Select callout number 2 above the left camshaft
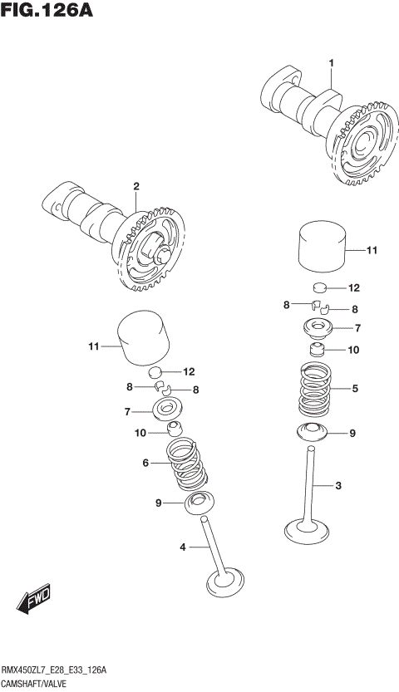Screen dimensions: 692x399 coord(135,186)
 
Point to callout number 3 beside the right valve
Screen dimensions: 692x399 coord(338,485)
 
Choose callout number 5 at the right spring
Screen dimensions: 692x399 coord(355,387)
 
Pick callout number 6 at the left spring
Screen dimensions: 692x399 coord(145,463)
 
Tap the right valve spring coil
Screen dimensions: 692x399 coord(318,390)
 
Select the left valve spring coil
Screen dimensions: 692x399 coord(188,465)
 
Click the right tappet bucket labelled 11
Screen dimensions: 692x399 coord(321,246)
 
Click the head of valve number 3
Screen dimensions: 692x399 coord(305,528)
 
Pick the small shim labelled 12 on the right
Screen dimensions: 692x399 coord(321,289)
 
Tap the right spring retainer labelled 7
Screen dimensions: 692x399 coord(320,327)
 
